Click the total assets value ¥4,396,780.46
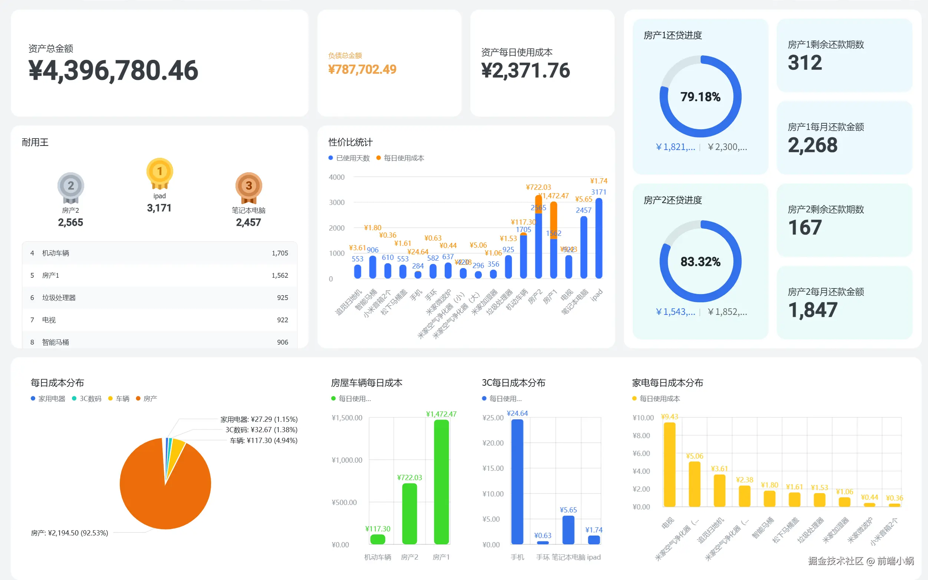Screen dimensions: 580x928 [x=113, y=71]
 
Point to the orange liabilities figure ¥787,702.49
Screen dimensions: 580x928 [x=362, y=69]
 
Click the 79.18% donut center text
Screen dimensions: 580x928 [x=700, y=97]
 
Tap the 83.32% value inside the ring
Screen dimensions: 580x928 [x=700, y=262]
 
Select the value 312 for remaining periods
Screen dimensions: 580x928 [x=804, y=63]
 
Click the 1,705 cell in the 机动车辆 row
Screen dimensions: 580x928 [x=280, y=253]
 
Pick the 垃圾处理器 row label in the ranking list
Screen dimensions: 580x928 [x=59, y=298]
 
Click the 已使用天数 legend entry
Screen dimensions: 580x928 [x=349, y=158]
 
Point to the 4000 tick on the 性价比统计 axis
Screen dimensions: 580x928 [x=336, y=177]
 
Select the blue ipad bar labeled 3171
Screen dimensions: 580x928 [x=599, y=238]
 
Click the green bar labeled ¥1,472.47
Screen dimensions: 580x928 [x=441, y=482]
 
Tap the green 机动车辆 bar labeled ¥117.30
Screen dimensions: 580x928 [x=378, y=539]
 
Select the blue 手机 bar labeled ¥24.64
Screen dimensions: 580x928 [x=517, y=482]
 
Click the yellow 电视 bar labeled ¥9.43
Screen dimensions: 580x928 [x=669, y=464]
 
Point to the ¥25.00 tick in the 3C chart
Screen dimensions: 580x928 [x=493, y=418]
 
